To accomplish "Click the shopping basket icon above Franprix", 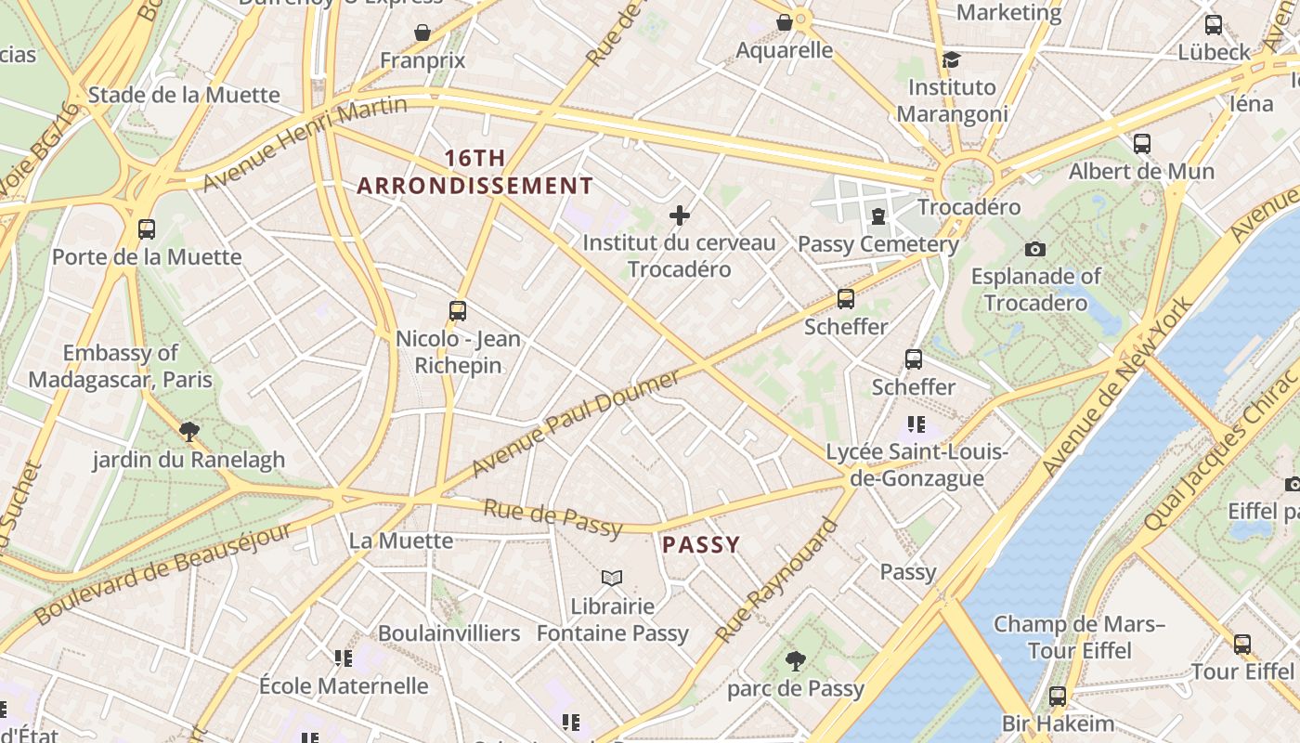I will [422, 33].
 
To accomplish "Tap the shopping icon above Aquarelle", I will [785, 21].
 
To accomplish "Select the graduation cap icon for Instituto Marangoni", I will [951, 60].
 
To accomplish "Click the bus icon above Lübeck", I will [1213, 25].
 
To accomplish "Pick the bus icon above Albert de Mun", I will [1141, 144].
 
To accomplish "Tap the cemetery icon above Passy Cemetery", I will [877, 216].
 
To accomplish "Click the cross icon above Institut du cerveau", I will [680, 216].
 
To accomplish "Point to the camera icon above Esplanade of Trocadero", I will [1034, 249].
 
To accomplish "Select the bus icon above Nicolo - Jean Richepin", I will [457, 310].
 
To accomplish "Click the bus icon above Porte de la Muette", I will [146, 228].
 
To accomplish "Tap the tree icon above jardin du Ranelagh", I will [189, 431].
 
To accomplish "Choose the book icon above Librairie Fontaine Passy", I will [611, 579].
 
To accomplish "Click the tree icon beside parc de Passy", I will [795, 661].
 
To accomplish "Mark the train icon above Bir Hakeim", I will [1057, 696].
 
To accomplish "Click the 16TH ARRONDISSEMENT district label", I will [474, 172].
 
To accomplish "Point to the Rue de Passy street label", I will [552, 517].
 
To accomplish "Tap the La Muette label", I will [401, 541].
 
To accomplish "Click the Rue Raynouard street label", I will [776, 581].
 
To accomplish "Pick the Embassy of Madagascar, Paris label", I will [121, 366].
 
